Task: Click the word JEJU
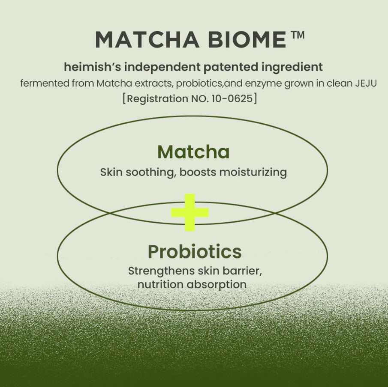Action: click(x=366, y=83)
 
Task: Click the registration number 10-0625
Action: click(x=233, y=98)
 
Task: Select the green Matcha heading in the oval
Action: click(x=193, y=152)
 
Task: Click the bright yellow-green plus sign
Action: click(x=189, y=212)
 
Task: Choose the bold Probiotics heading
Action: click(x=195, y=252)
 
